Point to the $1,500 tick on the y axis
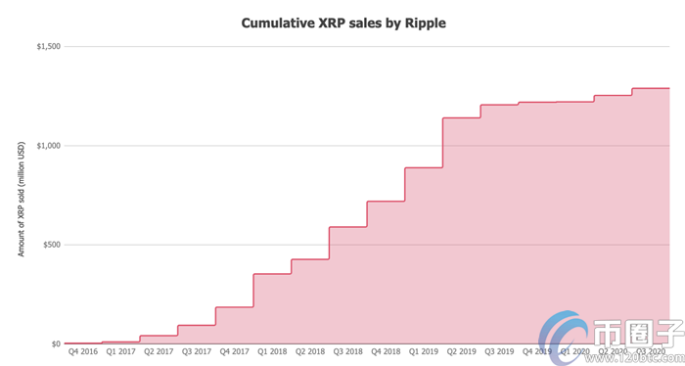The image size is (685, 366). [x=48, y=46]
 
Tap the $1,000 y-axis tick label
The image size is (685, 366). [x=48, y=146]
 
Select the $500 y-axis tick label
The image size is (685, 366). [x=51, y=245]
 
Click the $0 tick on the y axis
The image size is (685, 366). [x=55, y=343]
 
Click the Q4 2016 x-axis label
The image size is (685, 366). [x=82, y=350]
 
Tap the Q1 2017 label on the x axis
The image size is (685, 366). [x=120, y=350]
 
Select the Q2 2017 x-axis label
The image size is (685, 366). [x=159, y=350]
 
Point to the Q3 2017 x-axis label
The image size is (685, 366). [x=197, y=350]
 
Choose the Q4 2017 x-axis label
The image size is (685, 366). [x=234, y=350]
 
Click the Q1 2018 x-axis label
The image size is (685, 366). [x=272, y=350]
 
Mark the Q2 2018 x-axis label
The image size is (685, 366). [x=310, y=350]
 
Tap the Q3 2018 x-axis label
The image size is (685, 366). [x=348, y=350]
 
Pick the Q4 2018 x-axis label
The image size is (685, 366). [x=386, y=350]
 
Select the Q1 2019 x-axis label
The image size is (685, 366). [x=424, y=350]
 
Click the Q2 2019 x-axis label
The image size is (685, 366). [x=462, y=350]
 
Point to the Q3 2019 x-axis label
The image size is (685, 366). [x=500, y=350]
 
